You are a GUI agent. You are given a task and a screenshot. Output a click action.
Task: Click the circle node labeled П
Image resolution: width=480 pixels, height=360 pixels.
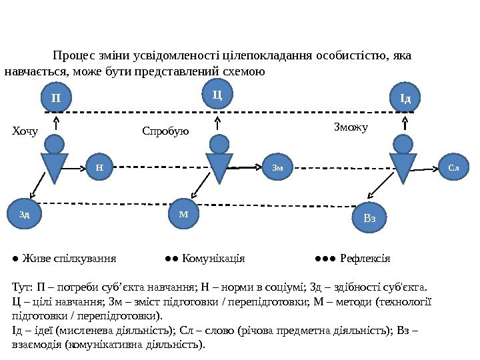pyautogui.click(x=56, y=98)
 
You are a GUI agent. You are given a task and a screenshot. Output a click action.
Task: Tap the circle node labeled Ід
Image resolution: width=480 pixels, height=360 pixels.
pyautogui.click(x=405, y=99)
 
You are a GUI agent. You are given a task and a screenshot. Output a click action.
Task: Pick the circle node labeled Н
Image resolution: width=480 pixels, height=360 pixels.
pyautogui.click(x=99, y=168)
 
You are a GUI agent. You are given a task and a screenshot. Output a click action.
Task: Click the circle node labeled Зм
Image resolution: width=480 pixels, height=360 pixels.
pyautogui.click(x=277, y=168)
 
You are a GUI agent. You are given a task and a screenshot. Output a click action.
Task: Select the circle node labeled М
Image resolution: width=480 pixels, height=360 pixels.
pyautogui.click(x=185, y=214)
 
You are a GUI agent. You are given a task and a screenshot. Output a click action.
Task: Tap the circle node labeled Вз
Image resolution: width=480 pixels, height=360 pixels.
pyautogui.click(x=370, y=218)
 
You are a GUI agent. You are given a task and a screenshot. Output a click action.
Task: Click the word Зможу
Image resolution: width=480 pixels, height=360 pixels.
pyautogui.click(x=350, y=125)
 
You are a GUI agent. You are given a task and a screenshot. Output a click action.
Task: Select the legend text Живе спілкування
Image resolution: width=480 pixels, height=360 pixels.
pyautogui.click(x=69, y=258)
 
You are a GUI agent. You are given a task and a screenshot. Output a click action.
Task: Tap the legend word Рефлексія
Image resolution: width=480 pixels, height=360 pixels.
pyautogui.click(x=365, y=258)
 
